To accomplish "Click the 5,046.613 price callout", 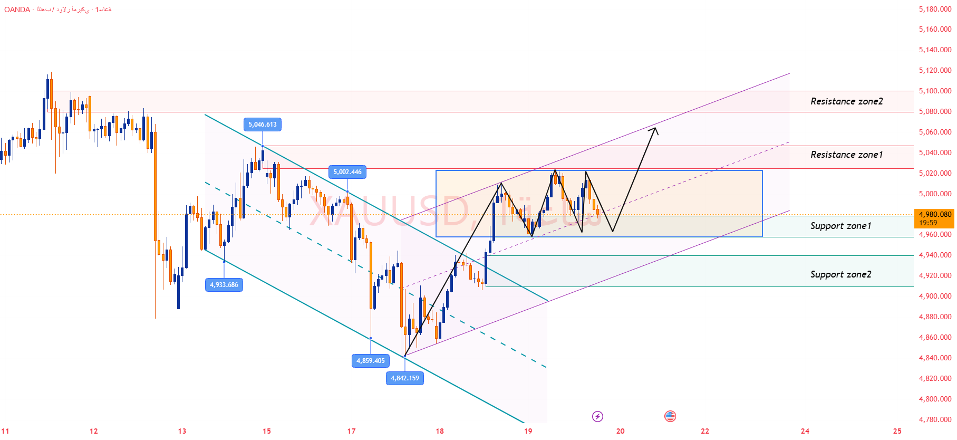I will (x=263, y=125).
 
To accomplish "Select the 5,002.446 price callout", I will (x=347, y=172).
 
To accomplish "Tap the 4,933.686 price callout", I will (x=224, y=285).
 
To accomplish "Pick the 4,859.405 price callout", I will (x=371, y=361).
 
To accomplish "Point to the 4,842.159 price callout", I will (x=405, y=378).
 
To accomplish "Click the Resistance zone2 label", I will (x=846, y=101).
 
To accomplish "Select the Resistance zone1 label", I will (x=846, y=155).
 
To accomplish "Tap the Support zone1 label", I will (x=840, y=226).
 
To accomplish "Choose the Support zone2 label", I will (x=840, y=274).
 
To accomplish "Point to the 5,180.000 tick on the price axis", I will (x=935, y=9).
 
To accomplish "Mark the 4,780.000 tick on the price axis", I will (x=935, y=419).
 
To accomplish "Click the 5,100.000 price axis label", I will (x=935, y=91).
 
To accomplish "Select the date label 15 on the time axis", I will (x=267, y=431).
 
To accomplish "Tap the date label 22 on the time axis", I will (x=705, y=431).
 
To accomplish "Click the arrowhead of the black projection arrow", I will (x=655, y=129).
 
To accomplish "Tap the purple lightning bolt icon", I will (x=597, y=417).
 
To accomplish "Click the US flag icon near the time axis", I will (x=670, y=417).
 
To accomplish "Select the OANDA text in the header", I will (x=17, y=9).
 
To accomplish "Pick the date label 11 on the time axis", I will (x=5, y=431).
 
